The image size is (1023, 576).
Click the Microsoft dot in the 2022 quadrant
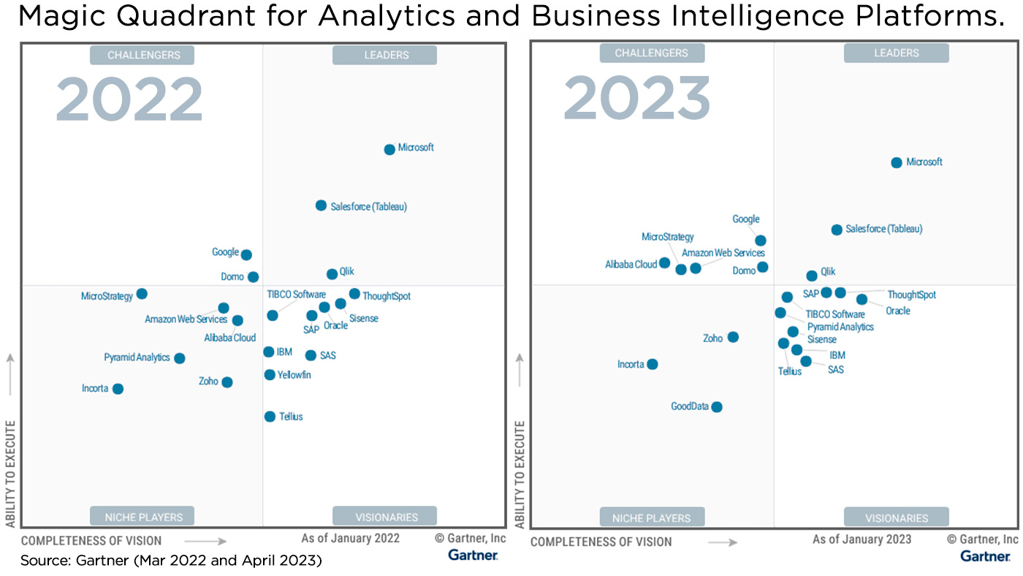389,149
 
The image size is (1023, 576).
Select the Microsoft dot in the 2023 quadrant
897,162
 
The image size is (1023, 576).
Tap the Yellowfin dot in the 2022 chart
270,375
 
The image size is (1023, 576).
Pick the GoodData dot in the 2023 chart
717,407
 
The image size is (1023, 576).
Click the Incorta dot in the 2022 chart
118,389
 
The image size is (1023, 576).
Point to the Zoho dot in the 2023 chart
733,337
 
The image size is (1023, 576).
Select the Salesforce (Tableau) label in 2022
368,207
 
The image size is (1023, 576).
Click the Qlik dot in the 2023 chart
812,276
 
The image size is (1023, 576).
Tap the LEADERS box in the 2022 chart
384,55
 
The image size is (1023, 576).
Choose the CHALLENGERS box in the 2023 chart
652,53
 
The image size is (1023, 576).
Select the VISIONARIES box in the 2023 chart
896,518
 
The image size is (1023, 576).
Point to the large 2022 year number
129,100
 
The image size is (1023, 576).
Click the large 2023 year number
636,99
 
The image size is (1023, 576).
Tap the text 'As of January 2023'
862,539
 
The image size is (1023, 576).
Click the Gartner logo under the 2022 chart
473,556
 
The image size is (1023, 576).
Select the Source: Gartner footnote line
171,561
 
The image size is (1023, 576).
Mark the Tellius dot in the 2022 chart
270,417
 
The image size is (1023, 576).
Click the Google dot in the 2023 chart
761,240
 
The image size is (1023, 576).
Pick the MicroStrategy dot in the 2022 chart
142,294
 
